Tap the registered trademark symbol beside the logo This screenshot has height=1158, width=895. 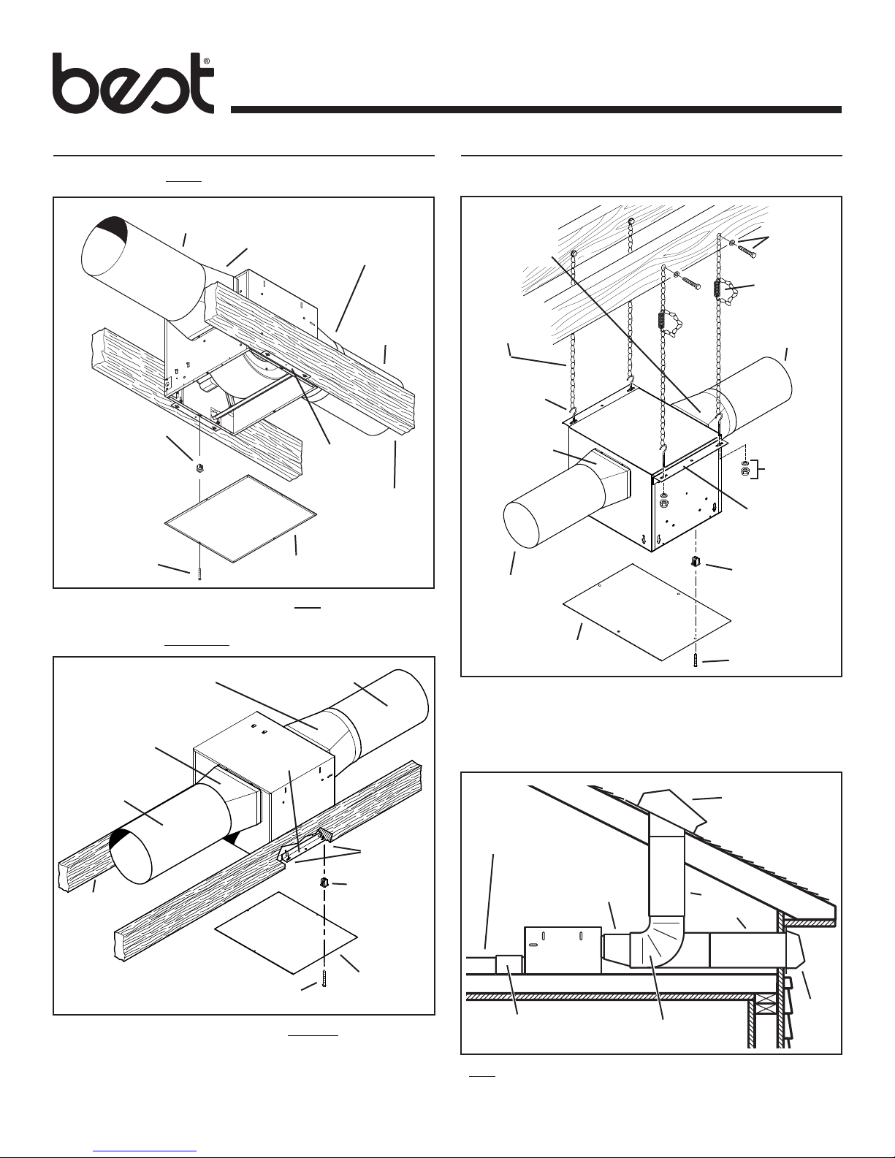207,62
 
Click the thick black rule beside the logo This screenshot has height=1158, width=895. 536,110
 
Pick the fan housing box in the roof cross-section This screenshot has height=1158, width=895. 562,950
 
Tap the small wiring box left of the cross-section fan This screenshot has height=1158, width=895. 509,964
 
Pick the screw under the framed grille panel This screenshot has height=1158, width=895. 199,574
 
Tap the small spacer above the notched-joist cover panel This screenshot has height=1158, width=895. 323,884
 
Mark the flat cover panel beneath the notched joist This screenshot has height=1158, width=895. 286,932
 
